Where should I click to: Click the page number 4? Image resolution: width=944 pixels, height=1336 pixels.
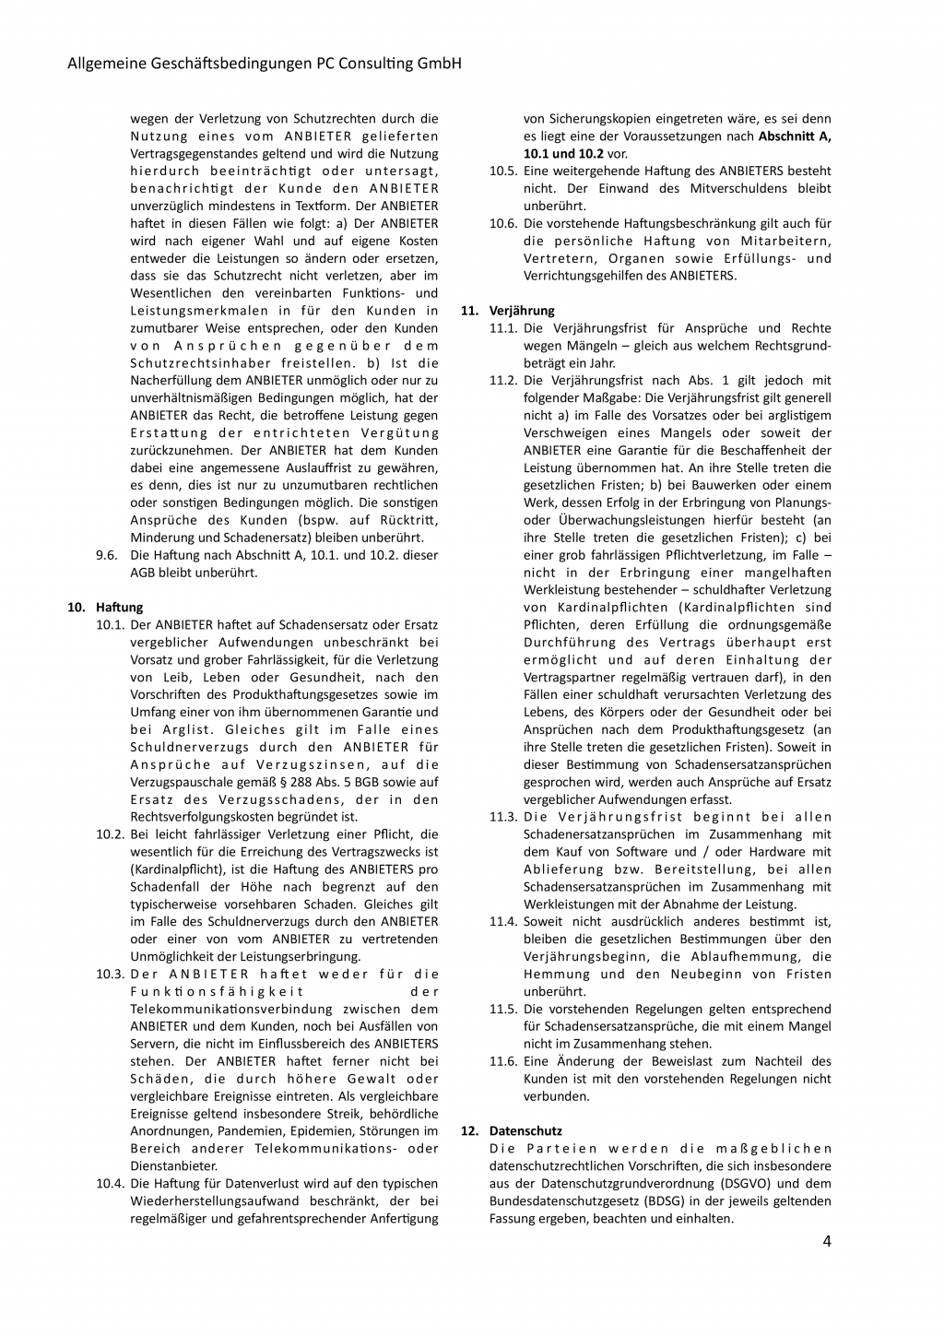click(826, 1240)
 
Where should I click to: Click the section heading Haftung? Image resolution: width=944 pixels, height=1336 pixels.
click(120, 607)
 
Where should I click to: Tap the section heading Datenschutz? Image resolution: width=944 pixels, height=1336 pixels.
click(525, 1130)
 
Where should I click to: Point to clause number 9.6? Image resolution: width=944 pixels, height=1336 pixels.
click(106, 555)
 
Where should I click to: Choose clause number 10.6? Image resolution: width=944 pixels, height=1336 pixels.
click(503, 223)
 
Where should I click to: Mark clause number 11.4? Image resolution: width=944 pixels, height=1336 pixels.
click(503, 921)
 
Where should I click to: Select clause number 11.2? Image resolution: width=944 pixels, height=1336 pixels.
click(503, 380)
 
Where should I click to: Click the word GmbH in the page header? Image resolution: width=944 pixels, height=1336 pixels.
click(439, 64)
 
